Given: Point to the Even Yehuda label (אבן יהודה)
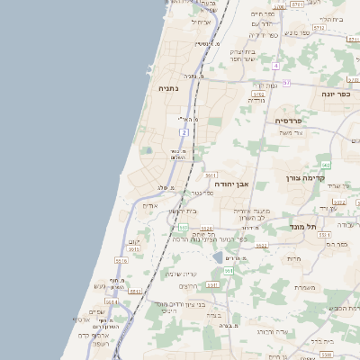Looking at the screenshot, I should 230,183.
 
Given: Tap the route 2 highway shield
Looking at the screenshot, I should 184,132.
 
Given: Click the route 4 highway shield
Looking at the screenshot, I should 275,66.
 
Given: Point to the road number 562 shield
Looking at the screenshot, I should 326,166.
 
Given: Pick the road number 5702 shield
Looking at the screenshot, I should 258,93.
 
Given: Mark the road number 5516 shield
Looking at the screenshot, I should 120,261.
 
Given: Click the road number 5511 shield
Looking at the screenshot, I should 135,291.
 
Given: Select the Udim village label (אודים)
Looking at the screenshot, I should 151,205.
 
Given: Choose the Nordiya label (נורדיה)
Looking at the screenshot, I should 256,100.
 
